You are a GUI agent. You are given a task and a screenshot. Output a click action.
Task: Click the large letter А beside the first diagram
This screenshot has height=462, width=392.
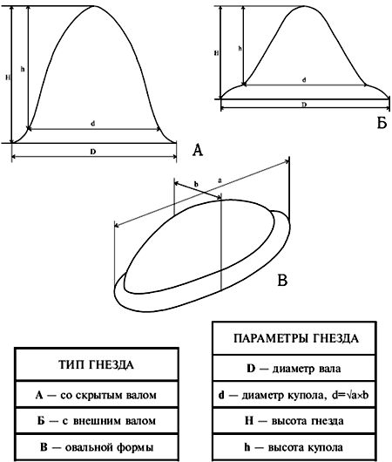point(198,150)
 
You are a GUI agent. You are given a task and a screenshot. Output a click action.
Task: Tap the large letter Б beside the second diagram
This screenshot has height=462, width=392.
point(382,123)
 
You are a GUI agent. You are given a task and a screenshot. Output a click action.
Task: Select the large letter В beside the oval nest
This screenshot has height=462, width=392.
point(282,280)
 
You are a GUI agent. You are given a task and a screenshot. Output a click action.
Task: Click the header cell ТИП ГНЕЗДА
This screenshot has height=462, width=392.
point(97,364)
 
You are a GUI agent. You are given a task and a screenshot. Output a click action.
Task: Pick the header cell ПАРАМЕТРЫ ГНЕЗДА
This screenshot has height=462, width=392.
point(294,338)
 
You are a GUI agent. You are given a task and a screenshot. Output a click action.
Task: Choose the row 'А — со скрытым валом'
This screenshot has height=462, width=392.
point(97,395)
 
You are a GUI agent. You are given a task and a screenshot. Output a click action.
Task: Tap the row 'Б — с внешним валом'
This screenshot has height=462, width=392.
point(97,421)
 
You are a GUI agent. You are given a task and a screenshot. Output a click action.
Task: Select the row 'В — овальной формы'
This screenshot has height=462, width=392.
point(97,447)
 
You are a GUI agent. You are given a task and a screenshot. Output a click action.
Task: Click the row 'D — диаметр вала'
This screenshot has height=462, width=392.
point(294,369)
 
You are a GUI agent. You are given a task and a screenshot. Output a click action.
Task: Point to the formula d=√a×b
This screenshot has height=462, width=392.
point(350,395)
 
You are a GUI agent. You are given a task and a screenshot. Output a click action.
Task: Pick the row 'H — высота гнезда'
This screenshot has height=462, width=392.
point(294,421)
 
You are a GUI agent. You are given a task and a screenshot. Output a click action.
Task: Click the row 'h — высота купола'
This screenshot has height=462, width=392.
point(294,447)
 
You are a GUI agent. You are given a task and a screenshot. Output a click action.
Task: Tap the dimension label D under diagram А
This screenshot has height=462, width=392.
point(93,152)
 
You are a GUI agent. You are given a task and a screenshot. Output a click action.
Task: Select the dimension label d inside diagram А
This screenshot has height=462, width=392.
point(92,124)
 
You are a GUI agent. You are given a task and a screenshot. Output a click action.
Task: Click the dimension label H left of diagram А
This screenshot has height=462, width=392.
point(8,78)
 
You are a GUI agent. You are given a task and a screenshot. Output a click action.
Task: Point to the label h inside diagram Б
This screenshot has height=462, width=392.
point(240,48)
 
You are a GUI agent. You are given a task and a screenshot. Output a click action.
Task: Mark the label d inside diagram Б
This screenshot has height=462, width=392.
point(304,80)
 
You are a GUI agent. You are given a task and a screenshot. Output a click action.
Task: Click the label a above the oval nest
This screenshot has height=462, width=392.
point(220,180)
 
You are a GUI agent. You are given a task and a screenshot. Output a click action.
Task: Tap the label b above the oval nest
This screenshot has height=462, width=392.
point(196,184)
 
